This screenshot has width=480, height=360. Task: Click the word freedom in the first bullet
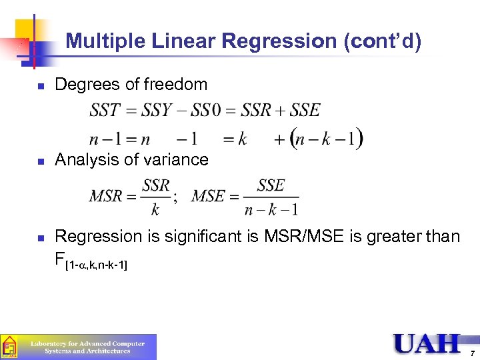point(175,85)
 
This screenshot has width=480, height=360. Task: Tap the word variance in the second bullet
point(178,160)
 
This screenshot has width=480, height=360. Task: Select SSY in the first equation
point(158,110)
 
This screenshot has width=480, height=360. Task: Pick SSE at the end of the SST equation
point(305,110)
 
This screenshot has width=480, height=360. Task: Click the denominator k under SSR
point(155,209)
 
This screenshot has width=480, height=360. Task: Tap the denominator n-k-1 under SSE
point(271,209)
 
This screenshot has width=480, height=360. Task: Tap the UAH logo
point(427,344)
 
